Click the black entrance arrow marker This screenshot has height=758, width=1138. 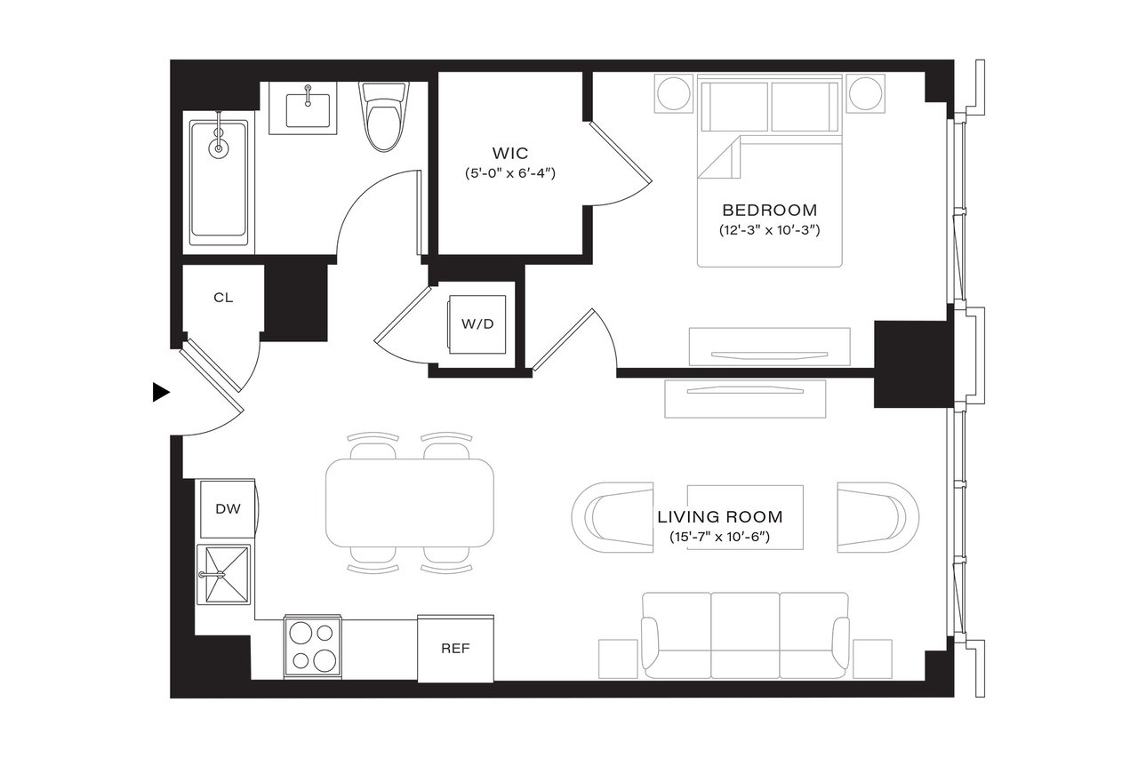tap(161, 392)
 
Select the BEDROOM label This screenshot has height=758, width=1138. tap(769, 211)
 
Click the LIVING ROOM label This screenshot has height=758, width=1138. tap(719, 516)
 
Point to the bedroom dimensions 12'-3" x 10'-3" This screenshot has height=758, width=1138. tap(769, 230)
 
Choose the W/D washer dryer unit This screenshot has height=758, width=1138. tap(477, 323)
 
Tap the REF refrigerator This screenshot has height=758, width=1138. tap(455, 648)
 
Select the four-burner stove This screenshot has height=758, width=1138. tap(313, 644)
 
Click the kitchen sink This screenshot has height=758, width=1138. tap(223, 575)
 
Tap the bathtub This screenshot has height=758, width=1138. tap(218, 181)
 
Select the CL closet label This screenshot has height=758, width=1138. tap(223, 298)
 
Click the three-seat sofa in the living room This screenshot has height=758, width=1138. tap(745, 632)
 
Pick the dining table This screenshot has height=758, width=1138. tap(410, 502)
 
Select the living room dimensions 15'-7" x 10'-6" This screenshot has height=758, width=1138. tap(719, 537)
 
